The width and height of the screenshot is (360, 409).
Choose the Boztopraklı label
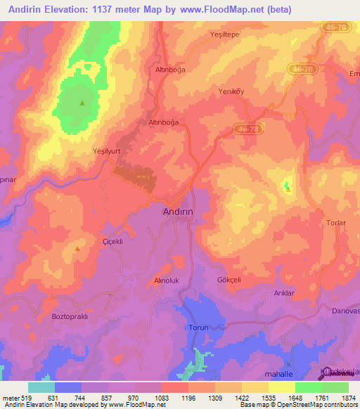tap(69, 317)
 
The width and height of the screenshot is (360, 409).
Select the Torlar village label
tap(337, 223)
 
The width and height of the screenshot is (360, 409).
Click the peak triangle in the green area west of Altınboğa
tap(82, 103)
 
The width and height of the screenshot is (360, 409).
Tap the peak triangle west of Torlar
tap(287, 188)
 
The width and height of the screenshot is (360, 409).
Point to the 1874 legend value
tap(347, 397)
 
